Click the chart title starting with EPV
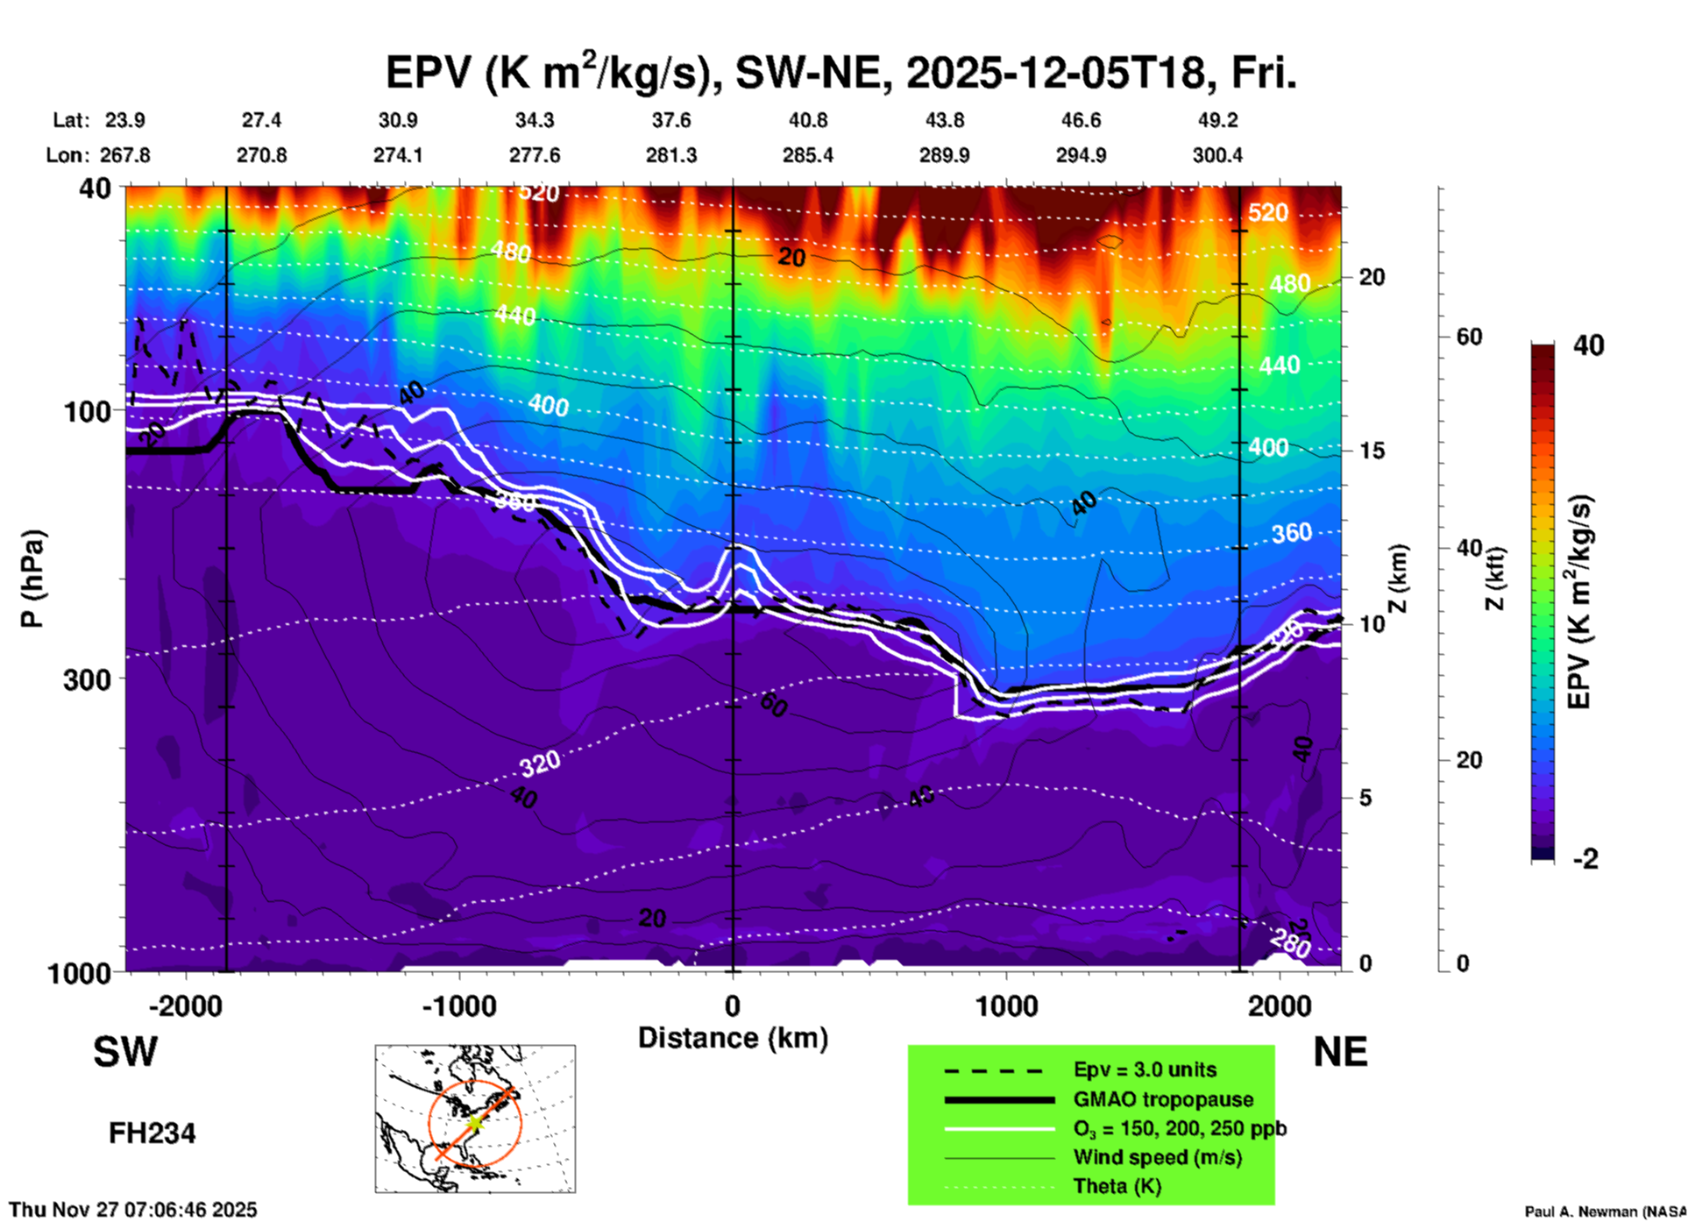pos(840,72)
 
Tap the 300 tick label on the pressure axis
pos(88,679)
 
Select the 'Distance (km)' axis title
pos(733,1038)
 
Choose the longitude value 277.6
pos(535,156)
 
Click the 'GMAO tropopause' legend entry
pos(1163,1099)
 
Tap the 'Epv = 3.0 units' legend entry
pos(1145,1070)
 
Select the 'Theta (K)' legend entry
pos(1117,1187)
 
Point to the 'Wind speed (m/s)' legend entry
pos(1157,1158)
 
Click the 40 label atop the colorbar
pos(1588,345)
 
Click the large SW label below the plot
pos(125,1052)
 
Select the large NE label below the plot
pos(1340,1052)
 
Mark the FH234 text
pos(152,1133)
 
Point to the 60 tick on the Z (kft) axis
pos(1469,337)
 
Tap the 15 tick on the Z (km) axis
pos(1372,451)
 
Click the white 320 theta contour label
pos(540,764)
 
